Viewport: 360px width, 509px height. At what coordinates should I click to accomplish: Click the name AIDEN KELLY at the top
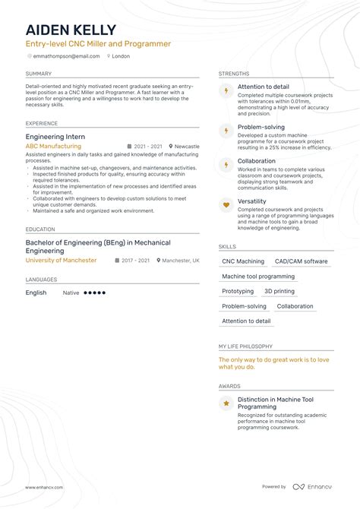71,30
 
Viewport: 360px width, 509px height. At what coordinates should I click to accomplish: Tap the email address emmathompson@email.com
66,55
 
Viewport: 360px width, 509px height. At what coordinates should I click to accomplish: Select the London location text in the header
121,55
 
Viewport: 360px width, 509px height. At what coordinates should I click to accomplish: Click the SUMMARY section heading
39,74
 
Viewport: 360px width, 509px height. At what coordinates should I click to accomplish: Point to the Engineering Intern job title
55,137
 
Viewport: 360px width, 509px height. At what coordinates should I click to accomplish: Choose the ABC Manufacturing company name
52,146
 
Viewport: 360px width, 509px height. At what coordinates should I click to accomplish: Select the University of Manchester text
61,261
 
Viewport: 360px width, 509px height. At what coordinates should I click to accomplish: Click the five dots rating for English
94,292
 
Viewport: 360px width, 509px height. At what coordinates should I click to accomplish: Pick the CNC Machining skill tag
243,261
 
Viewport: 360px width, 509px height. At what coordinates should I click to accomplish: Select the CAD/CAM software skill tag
302,261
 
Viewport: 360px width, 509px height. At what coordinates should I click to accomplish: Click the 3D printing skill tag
279,291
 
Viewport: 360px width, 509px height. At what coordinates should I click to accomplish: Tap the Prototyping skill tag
238,291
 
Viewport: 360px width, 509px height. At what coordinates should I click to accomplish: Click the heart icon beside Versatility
226,204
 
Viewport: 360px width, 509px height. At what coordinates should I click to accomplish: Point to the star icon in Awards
226,403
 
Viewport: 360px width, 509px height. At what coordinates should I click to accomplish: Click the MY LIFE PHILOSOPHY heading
245,346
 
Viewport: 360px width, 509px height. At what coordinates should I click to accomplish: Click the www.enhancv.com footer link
44,487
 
